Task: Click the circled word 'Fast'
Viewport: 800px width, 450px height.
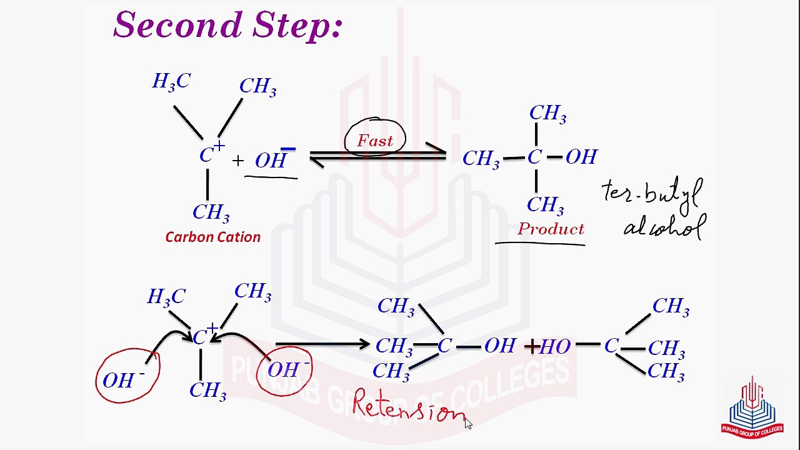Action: pyautogui.click(x=375, y=141)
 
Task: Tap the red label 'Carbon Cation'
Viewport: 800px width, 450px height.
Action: pyautogui.click(x=212, y=237)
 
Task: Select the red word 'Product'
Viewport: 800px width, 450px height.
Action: pyautogui.click(x=551, y=229)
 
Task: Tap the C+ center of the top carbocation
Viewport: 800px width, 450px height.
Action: pyautogui.click(x=210, y=154)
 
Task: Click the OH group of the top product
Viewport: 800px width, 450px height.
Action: pyautogui.click(x=581, y=157)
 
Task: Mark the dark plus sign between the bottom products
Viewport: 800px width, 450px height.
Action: pyautogui.click(x=531, y=346)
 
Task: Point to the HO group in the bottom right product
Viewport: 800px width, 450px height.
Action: pyautogui.click(x=554, y=346)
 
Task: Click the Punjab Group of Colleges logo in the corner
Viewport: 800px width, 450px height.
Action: pyautogui.click(x=752, y=407)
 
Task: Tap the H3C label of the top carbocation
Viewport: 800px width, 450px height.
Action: pyautogui.click(x=171, y=82)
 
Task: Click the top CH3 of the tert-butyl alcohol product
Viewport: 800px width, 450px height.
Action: pyautogui.click(x=547, y=114)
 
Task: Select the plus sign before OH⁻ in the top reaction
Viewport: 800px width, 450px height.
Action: pyautogui.click(x=237, y=161)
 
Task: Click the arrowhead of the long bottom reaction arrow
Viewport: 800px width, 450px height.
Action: pyautogui.click(x=365, y=344)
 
